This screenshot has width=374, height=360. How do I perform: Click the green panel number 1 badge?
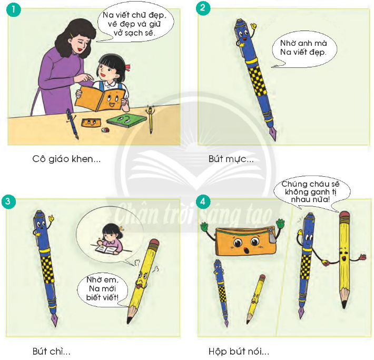[14, 9]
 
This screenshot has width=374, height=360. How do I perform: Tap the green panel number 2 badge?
[203, 8]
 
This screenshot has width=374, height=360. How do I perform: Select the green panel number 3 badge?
[8, 202]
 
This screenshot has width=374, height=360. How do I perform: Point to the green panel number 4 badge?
[203, 202]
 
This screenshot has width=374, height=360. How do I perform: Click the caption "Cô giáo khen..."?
[66, 159]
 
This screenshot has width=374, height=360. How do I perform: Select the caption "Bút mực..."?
[231, 159]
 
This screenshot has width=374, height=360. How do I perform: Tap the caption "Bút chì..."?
[52, 351]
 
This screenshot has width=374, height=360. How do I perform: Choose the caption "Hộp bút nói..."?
[239, 352]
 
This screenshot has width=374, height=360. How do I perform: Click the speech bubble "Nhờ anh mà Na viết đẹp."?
[304, 49]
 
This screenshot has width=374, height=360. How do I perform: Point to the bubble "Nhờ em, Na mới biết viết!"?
[103, 289]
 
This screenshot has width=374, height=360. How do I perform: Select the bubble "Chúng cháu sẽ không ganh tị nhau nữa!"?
[311, 192]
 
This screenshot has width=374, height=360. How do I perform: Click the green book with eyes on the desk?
[126, 120]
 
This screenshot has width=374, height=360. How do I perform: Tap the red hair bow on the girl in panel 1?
[127, 67]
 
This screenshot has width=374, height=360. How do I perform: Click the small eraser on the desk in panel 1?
[105, 130]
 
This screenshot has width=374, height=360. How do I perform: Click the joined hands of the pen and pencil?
[326, 263]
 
